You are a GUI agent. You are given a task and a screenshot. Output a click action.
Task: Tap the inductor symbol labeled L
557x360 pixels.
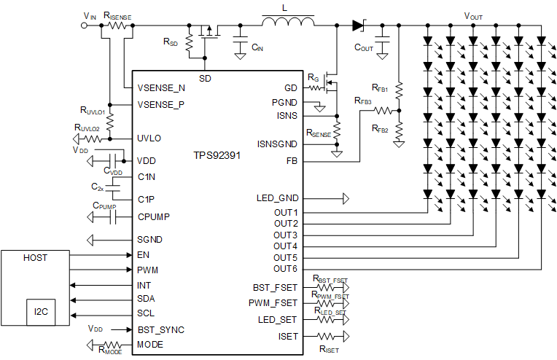tap(288, 24)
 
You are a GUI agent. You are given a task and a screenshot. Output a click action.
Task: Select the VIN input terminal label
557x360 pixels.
tap(90, 15)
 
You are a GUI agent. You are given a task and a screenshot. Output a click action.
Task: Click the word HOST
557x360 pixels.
tap(36, 257)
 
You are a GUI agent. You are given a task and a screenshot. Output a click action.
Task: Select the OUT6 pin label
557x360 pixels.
tap(286, 269)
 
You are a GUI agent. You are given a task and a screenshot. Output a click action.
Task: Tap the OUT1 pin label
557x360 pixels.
tap(286, 212)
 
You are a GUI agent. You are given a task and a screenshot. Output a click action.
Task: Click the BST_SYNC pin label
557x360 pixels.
tap(161, 329)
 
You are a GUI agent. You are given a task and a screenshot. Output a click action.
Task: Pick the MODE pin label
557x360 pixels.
tap(150, 344)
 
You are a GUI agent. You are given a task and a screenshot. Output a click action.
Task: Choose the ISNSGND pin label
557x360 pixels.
tap(277, 144)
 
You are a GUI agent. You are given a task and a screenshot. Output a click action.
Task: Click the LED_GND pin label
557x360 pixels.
tap(277, 198)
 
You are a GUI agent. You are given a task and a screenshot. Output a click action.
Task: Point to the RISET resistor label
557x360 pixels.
tap(329, 350)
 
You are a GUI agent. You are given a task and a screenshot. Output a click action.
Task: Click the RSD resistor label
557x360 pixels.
tap(170, 42)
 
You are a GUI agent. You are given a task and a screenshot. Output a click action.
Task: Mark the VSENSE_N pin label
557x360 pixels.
tap(162, 87)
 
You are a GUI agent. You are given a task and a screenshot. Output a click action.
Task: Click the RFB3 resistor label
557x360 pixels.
tap(363, 101)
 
